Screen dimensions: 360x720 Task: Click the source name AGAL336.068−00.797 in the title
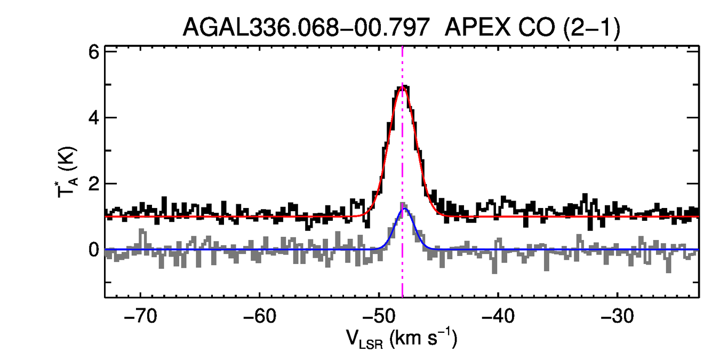pos(306,28)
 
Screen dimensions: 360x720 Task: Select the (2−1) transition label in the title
pos(590,28)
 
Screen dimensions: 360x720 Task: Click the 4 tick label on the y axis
pos(93,118)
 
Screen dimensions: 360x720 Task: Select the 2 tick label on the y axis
pos(93,184)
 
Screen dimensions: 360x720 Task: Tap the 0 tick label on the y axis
pos(93,250)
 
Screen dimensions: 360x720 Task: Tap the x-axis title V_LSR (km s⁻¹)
pos(402,338)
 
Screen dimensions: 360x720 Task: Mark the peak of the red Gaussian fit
pos(402,87)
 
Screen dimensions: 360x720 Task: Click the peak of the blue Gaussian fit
pos(404,209)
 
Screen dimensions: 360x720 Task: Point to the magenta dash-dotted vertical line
pos(402,149)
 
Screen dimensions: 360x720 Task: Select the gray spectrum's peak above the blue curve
pos(403,204)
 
